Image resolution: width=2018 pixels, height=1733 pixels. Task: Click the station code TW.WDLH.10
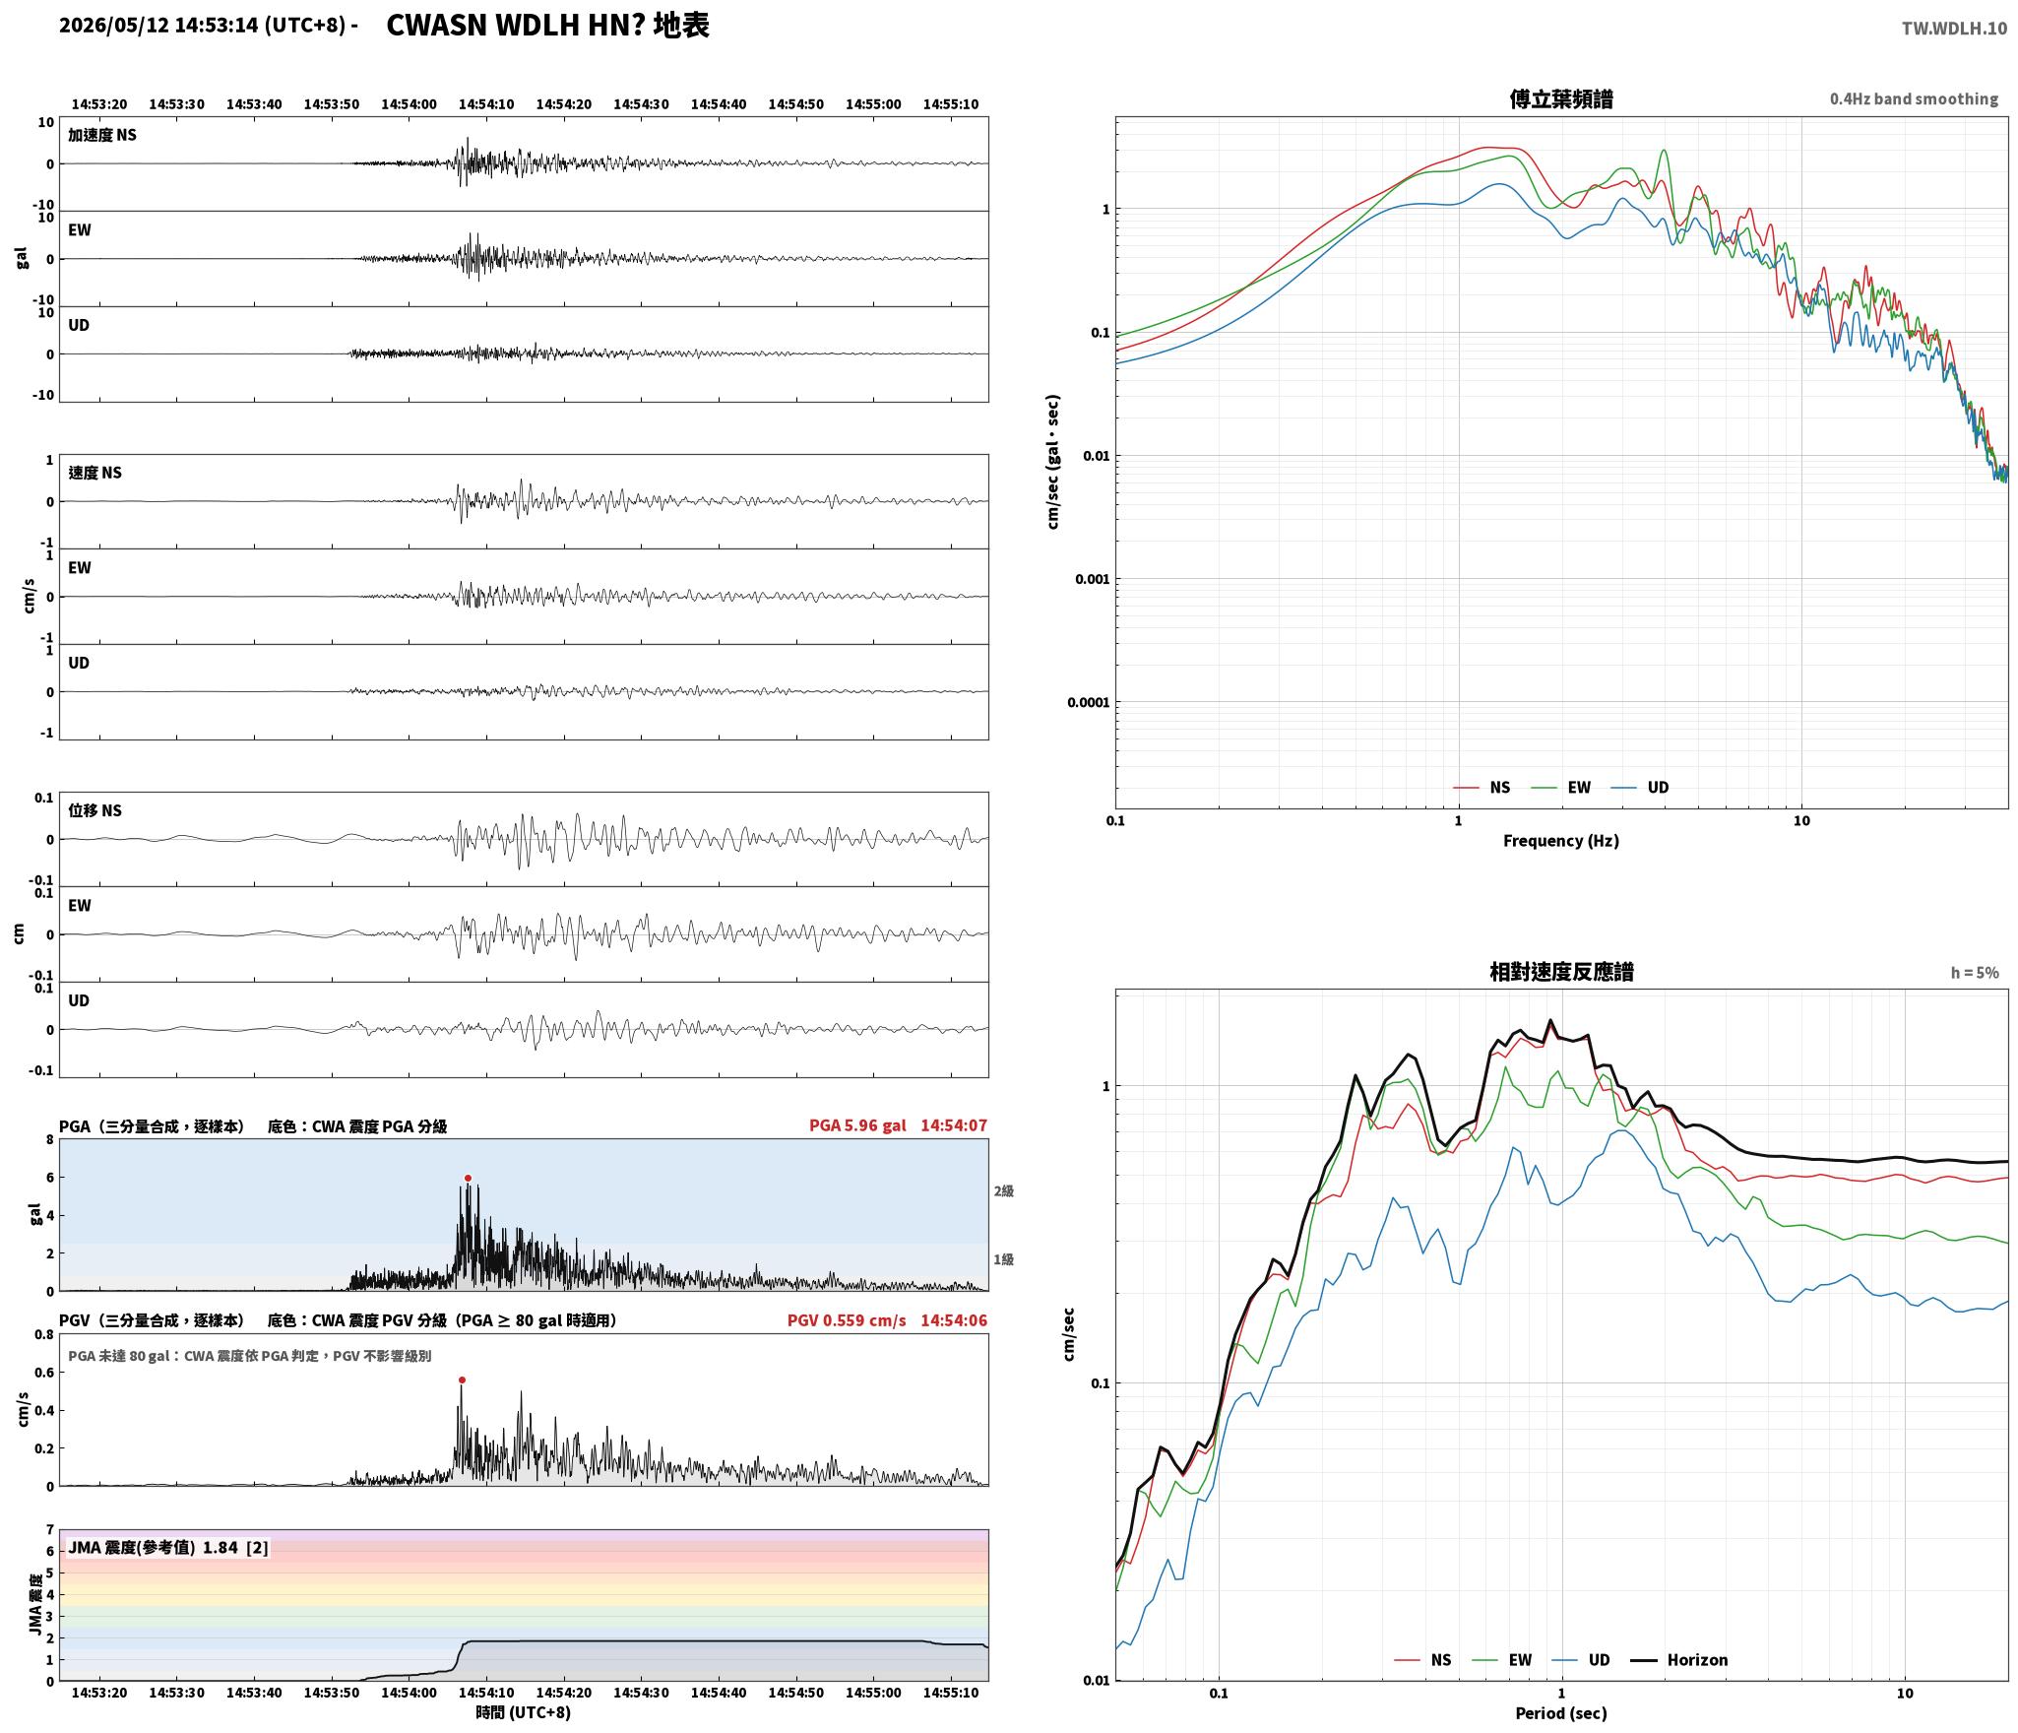(1953, 29)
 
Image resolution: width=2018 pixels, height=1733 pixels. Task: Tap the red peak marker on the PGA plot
(468, 1178)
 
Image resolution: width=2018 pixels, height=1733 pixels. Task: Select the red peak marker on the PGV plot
(462, 1380)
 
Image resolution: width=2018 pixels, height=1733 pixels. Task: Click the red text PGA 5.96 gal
(857, 1124)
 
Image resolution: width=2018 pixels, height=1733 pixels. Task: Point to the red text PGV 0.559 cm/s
(847, 1319)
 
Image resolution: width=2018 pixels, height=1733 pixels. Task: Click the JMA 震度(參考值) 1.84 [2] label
(168, 1547)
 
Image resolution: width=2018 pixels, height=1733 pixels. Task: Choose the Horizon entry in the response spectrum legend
(1697, 1659)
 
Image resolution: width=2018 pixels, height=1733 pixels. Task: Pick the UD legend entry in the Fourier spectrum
(1658, 787)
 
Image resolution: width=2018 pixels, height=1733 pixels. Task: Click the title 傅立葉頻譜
(1560, 98)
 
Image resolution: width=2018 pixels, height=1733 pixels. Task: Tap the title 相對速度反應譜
(1561, 971)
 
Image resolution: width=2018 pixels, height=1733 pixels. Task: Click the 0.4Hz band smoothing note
(1914, 99)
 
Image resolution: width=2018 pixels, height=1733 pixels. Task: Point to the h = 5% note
(1975, 973)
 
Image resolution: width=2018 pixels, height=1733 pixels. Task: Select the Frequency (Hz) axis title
(1560, 840)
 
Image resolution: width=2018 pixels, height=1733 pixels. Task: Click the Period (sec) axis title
(1560, 1712)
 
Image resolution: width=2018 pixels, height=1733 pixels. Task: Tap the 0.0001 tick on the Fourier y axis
(1088, 702)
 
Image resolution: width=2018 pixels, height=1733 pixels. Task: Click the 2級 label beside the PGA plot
(1003, 1190)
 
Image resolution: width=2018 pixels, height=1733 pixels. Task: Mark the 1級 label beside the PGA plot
(1003, 1259)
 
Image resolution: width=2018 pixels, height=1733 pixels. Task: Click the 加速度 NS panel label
(102, 135)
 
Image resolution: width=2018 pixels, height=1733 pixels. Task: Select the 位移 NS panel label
(95, 810)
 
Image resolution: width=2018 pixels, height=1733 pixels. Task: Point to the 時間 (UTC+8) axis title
(523, 1711)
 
